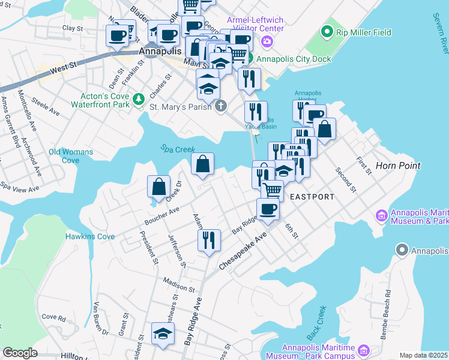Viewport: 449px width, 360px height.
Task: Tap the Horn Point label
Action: (x=398, y=165)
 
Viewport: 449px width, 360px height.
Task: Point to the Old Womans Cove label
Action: (x=71, y=156)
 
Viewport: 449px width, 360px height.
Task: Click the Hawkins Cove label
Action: (x=90, y=236)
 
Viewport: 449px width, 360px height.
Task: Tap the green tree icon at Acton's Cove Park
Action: (x=139, y=98)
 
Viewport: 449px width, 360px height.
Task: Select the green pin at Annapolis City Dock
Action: (x=250, y=59)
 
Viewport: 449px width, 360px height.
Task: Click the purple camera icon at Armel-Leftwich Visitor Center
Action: (x=268, y=41)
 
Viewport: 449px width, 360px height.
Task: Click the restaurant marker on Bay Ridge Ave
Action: (x=208, y=241)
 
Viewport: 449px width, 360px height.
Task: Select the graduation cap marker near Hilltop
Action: (x=162, y=334)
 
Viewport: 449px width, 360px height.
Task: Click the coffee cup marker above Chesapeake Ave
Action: (x=268, y=209)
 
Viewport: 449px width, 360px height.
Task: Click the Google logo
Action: (x=20, y=353)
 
